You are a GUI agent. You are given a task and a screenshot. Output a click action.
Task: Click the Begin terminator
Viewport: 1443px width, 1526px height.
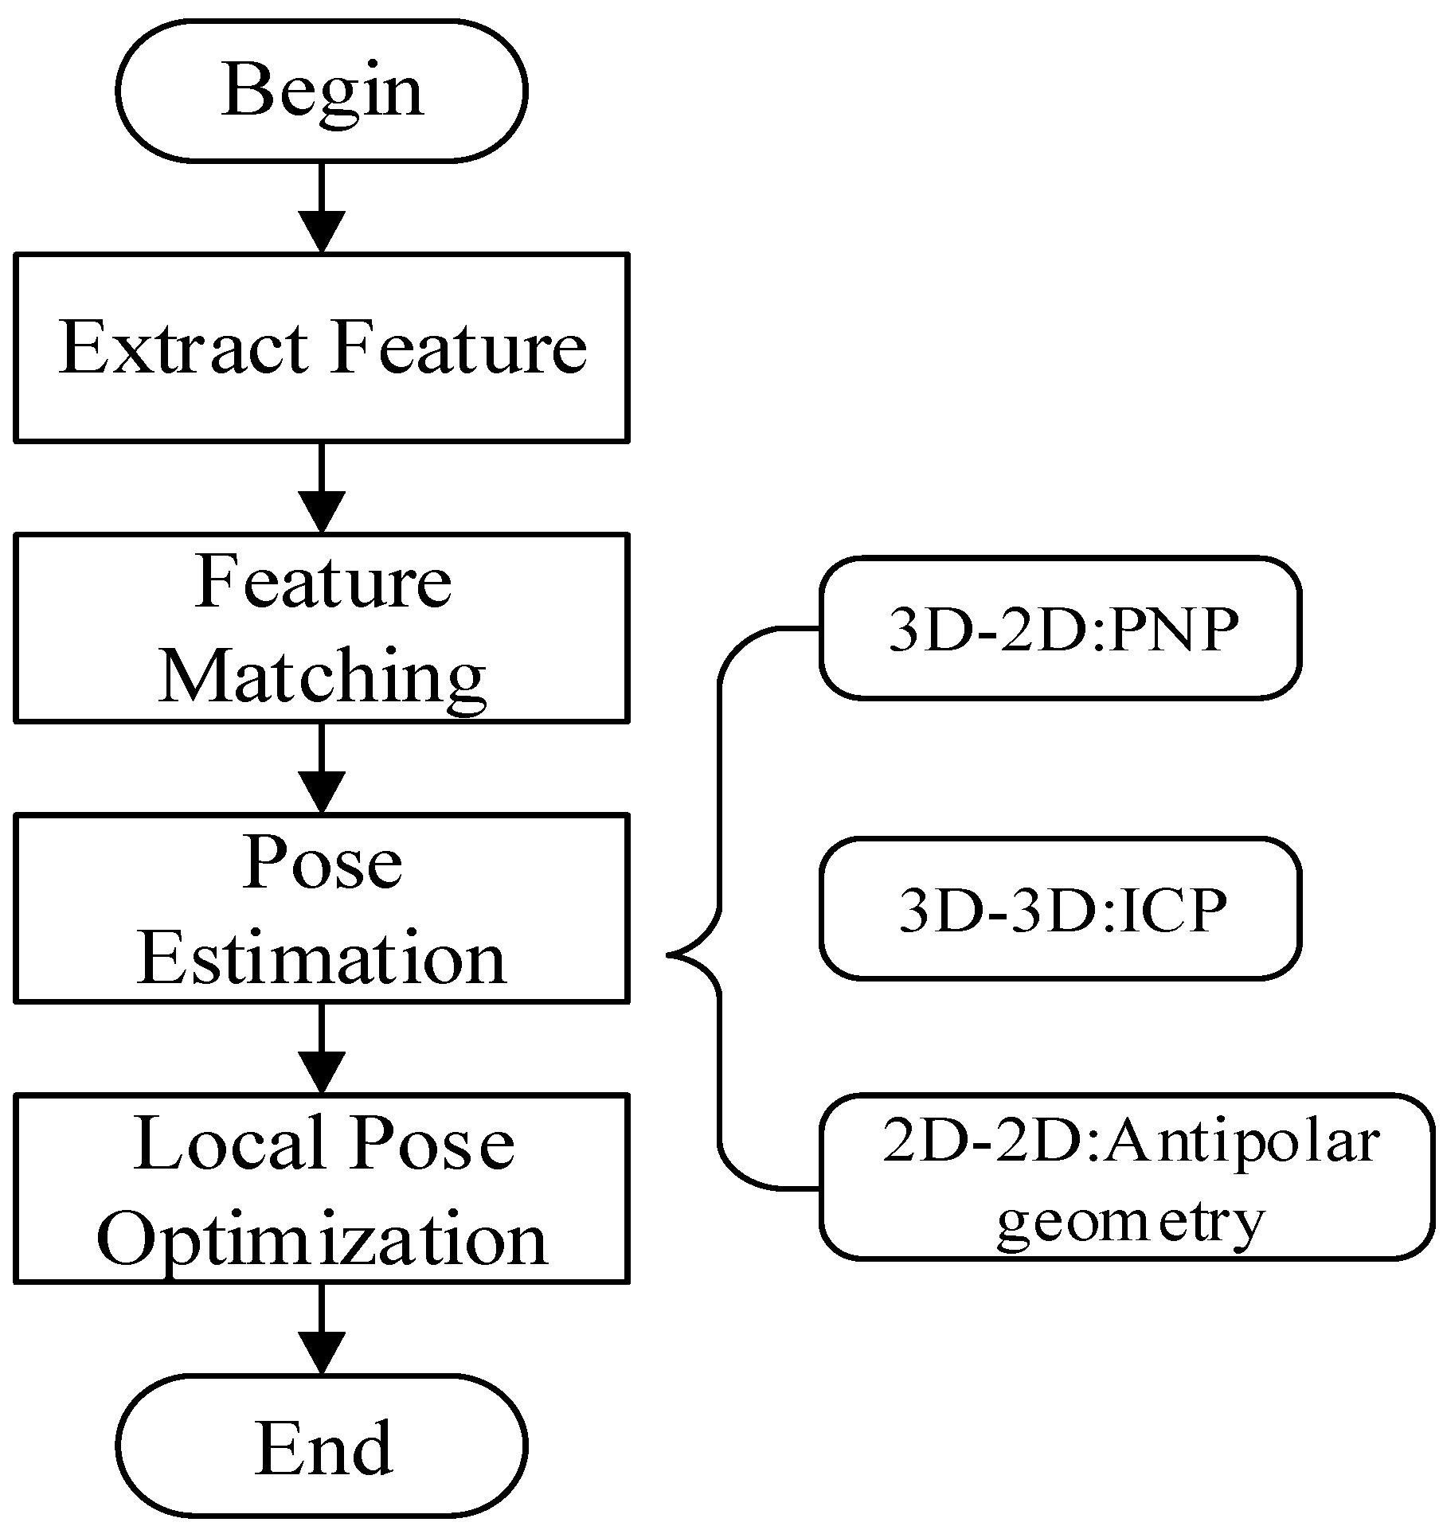pos(322,91)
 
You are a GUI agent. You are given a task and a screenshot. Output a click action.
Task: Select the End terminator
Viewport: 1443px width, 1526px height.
pos(322,1446)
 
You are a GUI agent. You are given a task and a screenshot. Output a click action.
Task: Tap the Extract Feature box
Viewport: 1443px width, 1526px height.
pos(322,347)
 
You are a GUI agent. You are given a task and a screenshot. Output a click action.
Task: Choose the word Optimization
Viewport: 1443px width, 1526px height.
pos(322,1239)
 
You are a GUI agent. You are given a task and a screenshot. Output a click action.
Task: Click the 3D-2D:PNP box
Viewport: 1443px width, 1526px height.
pos(1060,629)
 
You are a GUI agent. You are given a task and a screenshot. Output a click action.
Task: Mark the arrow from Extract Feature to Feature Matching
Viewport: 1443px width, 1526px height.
pos(322,487)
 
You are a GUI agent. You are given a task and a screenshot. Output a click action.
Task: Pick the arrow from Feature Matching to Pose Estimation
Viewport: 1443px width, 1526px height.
pos(322,768)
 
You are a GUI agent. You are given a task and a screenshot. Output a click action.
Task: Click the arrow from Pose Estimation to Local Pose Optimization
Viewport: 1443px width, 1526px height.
pos(322,1048)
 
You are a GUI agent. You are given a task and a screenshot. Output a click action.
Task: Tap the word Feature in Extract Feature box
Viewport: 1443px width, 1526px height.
pos(459,347)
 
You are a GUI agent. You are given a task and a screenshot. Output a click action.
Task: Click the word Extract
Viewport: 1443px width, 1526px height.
pos(184,347)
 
